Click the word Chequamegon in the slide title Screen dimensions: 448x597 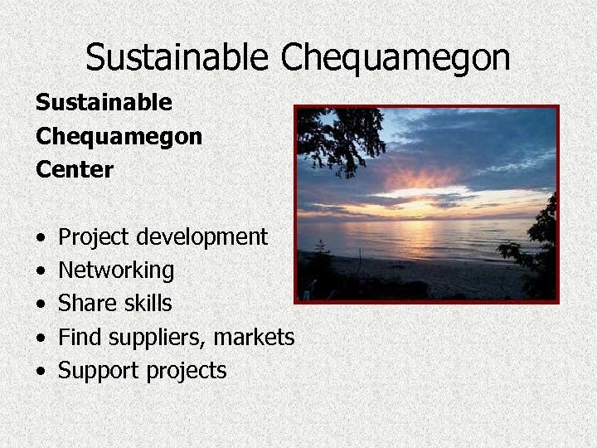click(396, 56)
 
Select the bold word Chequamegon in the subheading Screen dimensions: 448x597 click(119, 137)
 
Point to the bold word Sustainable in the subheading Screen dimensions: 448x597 click(104, 104)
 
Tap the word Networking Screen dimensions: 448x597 click(116, 270)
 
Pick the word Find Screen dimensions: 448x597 click(79, 337)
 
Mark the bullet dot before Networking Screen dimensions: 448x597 click(41, 270)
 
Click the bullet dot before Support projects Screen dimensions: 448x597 click(41, 370)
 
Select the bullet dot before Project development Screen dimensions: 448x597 click(41, 237)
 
